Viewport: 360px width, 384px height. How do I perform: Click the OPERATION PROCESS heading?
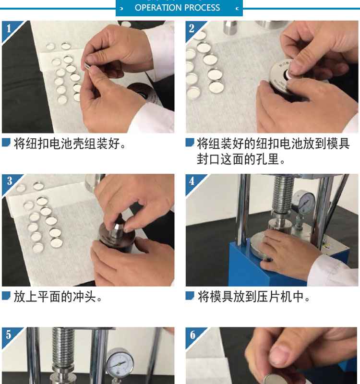[177, 8]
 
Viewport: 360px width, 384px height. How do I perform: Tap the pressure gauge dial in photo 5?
[120, 362]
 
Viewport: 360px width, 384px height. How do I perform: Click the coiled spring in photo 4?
[283, 193]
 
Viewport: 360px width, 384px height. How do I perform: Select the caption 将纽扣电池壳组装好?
[70, 143]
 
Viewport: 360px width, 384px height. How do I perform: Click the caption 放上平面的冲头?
[58, 297]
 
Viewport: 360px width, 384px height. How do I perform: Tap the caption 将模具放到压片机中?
[254, 297]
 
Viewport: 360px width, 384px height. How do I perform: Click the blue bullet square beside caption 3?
[6, 296]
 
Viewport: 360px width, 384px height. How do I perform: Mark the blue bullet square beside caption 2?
[190, 142]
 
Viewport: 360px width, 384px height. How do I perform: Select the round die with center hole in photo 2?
[282, 76]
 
